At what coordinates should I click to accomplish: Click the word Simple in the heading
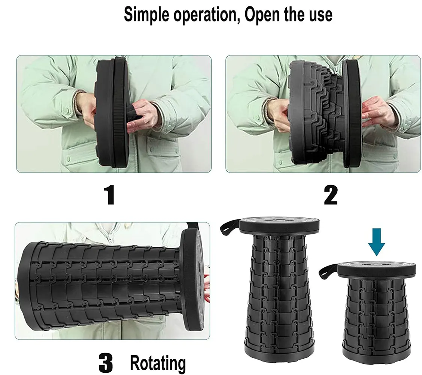coord(147,15)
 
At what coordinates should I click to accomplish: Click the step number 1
coord(109,195)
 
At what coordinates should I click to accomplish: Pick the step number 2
coord(331,195)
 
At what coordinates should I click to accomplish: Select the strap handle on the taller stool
coord(229,227)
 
